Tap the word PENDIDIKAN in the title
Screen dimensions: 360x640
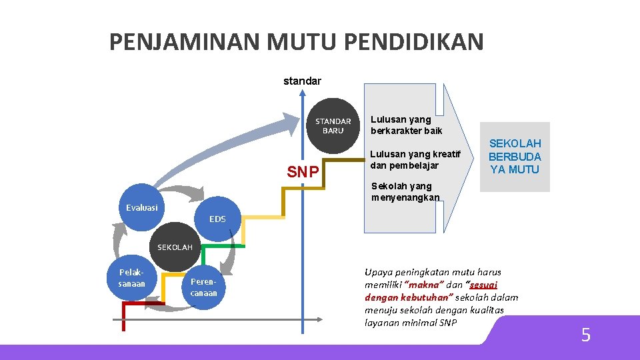(x=414, y=42)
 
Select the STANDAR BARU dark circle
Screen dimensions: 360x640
(x=333, y=125)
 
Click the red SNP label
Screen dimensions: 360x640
(x=303, y=173)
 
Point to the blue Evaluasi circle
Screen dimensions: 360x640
(x=142, y=207)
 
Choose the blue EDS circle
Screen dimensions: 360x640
(x=217, y=219)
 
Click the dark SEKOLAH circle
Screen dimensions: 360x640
(x=175, y=247)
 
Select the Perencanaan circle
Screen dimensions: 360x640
(x=203, y=287)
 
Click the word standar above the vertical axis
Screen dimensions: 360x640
(x=302, y=81)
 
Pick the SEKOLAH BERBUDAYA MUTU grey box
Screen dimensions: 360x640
(x=515, y=157)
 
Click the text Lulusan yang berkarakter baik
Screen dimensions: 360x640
(x=406, y=125)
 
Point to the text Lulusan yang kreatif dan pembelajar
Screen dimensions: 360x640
(x=415, y=159)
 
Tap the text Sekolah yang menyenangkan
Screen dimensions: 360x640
(x=405, y=191)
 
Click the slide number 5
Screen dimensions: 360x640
(x=585, y=335)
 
